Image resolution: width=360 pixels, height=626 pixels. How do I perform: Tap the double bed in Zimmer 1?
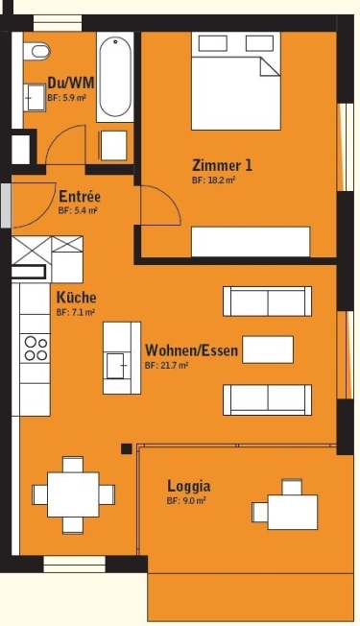[x=236, y=82]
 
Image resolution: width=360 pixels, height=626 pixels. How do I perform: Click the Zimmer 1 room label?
[x=223, y=165]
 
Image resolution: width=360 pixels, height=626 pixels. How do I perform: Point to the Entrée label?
[x=80, y=196]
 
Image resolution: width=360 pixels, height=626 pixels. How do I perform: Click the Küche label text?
[x=76, y=298]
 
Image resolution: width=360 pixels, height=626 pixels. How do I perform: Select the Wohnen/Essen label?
[x=191, y=350]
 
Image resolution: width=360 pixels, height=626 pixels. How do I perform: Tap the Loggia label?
[x=188, y=486]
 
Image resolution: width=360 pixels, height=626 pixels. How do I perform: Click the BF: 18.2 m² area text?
[x=213, y=181]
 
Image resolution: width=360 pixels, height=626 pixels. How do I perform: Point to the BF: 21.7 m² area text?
[x=166, y=366]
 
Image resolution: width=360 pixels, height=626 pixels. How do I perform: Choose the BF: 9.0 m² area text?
[x=186, y=501]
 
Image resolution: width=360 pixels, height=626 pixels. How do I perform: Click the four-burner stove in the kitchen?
[x=36, y=348]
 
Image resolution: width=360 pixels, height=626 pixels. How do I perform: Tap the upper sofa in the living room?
[x=268, y=301]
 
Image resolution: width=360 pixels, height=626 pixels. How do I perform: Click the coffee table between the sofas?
[x=268, y=349]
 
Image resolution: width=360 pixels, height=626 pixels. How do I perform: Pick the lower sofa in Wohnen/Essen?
[x=268, y=398]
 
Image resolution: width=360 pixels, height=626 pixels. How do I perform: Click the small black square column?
[x=126, y=448]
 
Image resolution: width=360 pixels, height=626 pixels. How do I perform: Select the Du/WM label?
[x=70, y=83]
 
